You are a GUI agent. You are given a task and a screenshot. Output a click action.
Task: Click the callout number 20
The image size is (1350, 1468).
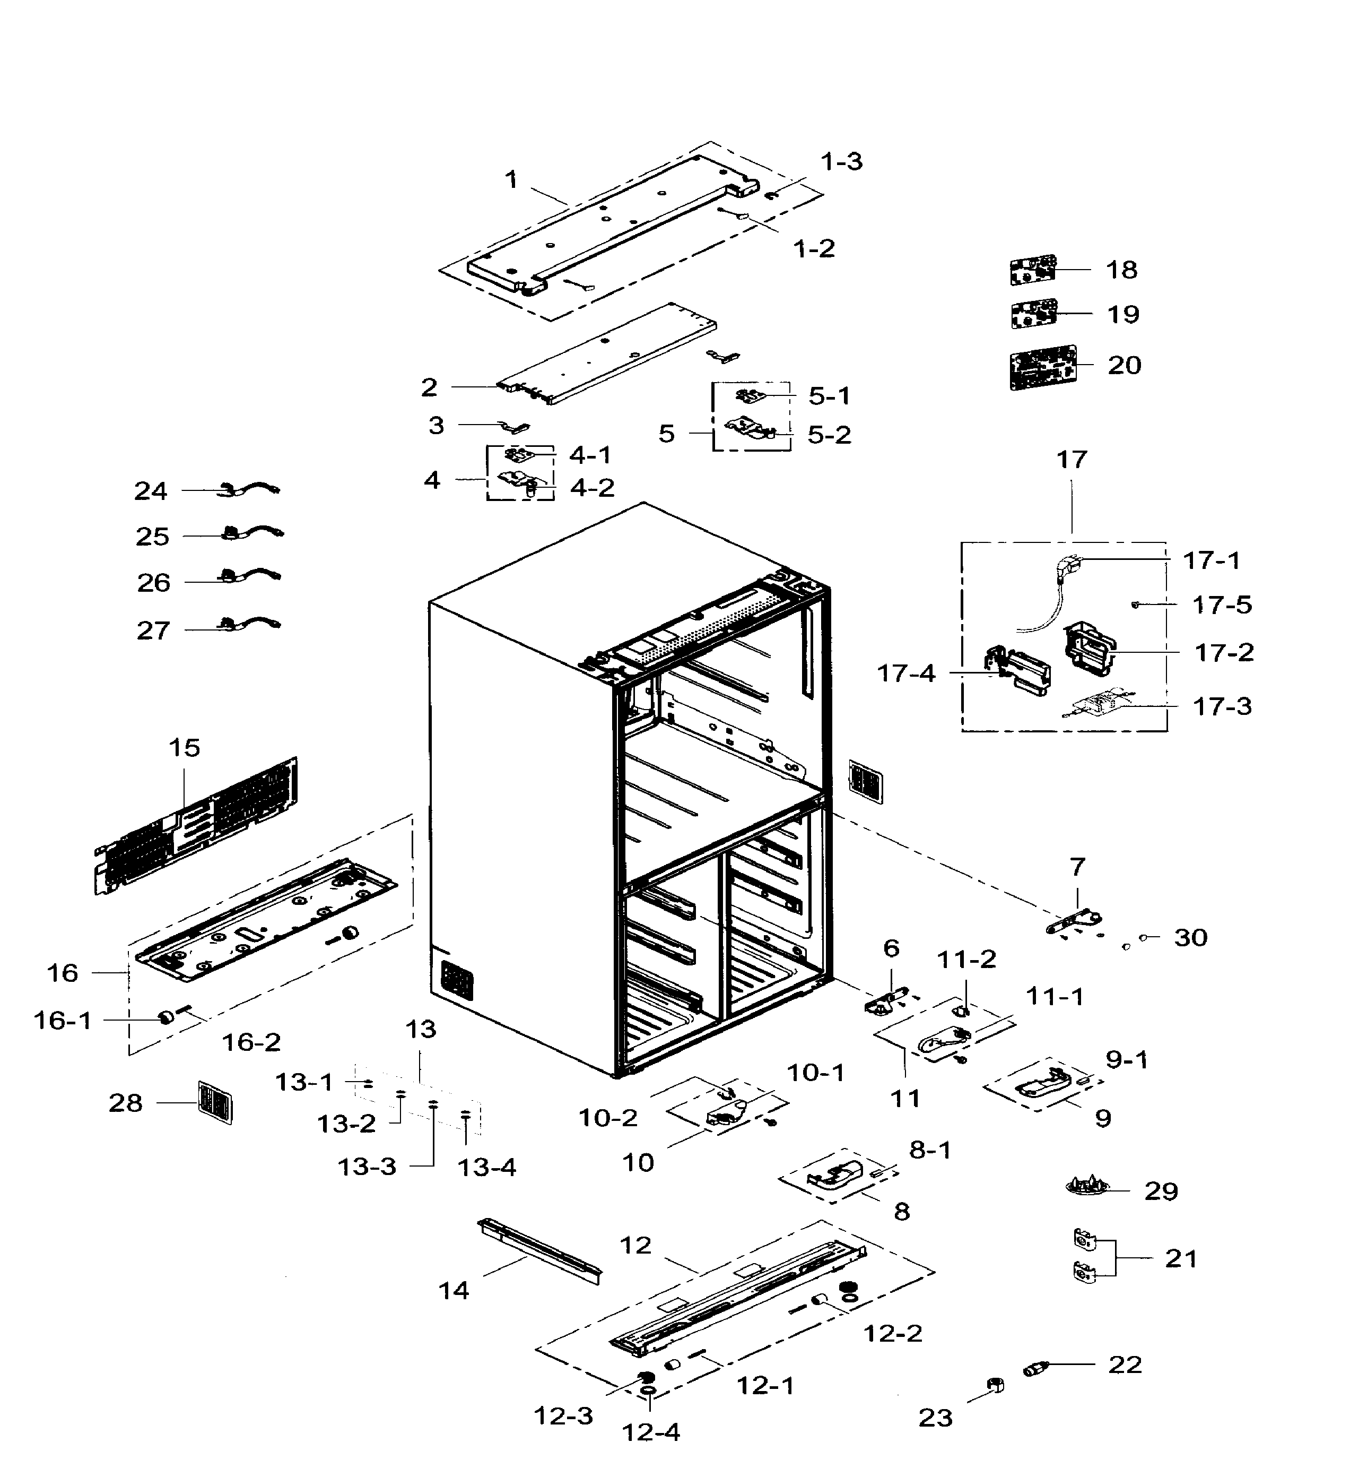point(1123,365)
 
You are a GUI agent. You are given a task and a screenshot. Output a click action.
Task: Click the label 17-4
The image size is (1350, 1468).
point(906,673)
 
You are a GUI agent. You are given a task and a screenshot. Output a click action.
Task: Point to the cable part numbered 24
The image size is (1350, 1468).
point(252,489)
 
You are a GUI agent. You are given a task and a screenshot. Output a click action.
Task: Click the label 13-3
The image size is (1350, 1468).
point(367,1167)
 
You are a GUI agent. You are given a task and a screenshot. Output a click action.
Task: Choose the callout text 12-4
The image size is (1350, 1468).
point(651,1432)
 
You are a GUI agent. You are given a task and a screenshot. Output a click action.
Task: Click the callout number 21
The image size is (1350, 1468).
point(1180,1258)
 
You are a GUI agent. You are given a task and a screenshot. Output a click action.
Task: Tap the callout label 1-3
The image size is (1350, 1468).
point(841,161)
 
